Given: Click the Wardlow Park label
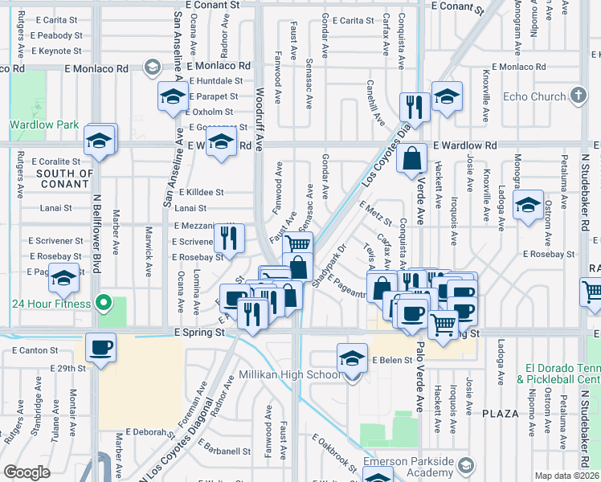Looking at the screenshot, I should pyautogui.click(x=44, y=125).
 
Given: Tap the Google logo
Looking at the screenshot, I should pyautogui.click(x=27, y=472).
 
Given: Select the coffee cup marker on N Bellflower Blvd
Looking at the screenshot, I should pyautogui.click(x=101, y=349).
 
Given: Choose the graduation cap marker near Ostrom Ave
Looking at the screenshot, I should pyautogui.click(x=528, y=206).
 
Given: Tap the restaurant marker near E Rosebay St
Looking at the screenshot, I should pyautogui.click(x=230, y=239).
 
